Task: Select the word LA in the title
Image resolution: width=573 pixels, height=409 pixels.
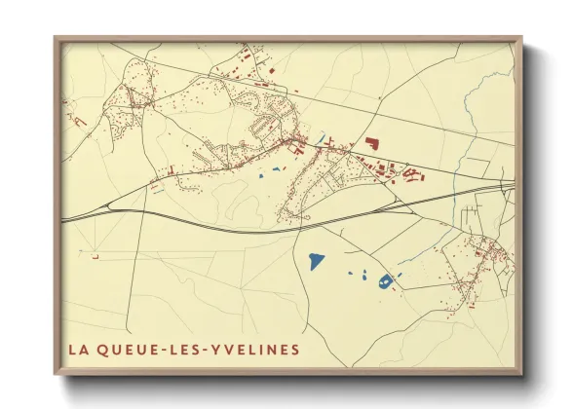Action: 77,349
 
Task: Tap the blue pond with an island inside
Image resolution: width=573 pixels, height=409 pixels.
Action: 385,281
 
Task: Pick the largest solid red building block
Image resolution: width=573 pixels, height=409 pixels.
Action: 371,142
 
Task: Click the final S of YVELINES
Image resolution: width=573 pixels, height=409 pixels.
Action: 295,349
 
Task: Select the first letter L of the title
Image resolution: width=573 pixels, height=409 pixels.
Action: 71,349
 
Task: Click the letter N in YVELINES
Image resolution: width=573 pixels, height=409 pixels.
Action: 270,349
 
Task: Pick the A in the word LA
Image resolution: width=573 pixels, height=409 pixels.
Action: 83,349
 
